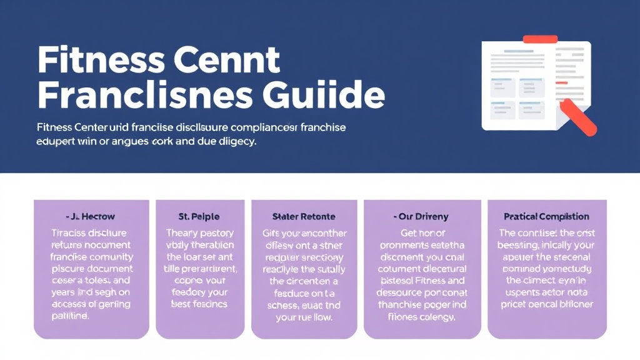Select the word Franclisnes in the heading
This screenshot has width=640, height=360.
click(x=145, y=96)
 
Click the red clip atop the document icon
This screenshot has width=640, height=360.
click(x=539, y=39)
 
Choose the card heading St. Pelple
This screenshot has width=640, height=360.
click(x=198, y=217)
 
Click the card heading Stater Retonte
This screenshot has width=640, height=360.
click(x=303, y=217)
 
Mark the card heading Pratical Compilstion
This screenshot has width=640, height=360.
click(x=546, y=217)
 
